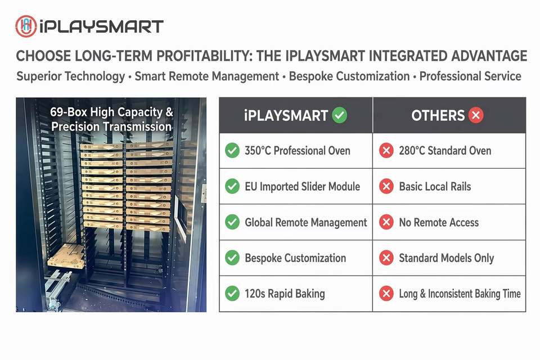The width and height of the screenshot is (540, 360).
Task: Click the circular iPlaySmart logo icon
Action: click(26, 26)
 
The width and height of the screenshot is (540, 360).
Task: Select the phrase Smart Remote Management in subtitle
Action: click(206, 76)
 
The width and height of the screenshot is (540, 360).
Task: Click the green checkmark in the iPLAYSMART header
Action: click(340, 115)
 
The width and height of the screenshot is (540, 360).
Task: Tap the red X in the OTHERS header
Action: click(476, 115)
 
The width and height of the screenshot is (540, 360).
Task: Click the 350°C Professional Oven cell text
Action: click(297, 151)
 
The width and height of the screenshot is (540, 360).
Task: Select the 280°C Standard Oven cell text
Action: click(445, 151)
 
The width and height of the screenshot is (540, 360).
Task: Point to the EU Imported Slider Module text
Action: click(303, 186)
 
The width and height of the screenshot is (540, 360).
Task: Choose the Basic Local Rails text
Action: click(435, 186)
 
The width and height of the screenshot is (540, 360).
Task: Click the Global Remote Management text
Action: click(306, 223)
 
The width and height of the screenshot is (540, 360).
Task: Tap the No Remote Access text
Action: click(439, 222)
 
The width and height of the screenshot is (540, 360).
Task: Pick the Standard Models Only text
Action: click(446, 258)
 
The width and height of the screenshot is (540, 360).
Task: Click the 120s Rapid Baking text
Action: click(285, 294)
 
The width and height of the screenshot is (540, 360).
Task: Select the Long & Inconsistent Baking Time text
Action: click(460, 294)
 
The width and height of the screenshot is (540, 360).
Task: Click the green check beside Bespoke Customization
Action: click(232, 258)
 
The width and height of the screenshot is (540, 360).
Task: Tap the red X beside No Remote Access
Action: click(386, 222)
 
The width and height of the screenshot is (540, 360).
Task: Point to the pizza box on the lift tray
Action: click(66, 256)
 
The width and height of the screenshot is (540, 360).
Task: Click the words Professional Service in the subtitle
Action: click(470, 76)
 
